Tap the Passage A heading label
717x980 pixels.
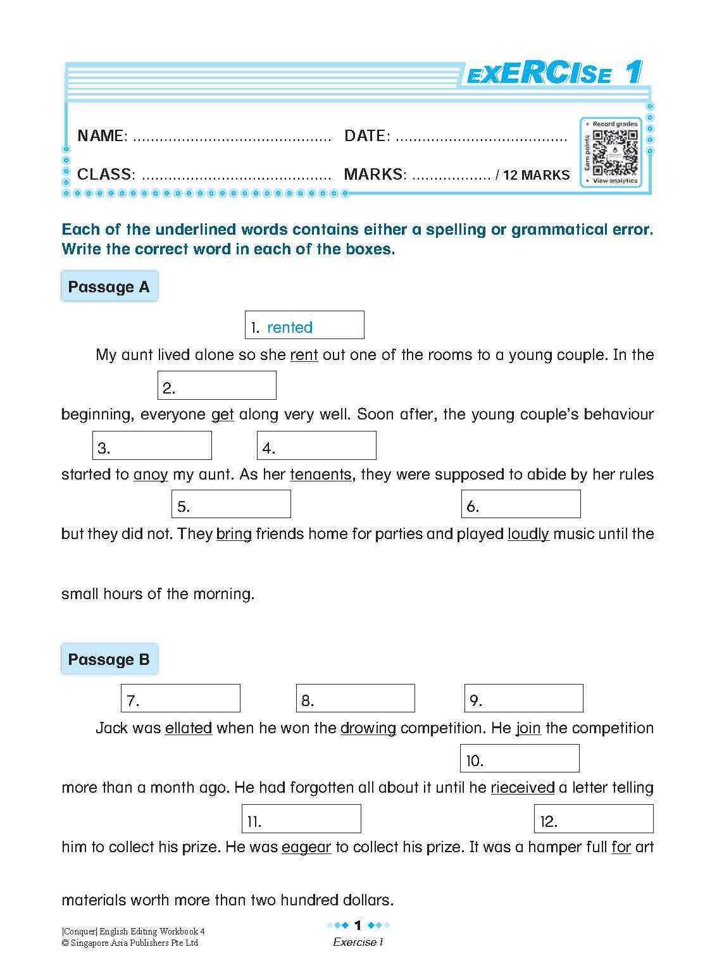coord(109,287)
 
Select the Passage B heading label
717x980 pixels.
coord(109,659)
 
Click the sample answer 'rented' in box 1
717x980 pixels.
coord(290,327)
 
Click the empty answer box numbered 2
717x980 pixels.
coord(216,385)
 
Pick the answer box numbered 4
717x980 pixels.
coord(316,445)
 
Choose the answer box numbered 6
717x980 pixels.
coord(521,504)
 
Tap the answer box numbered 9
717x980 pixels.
coord(523,698)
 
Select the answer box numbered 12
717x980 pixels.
coord(593,819)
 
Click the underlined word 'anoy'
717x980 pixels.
coord(151,474)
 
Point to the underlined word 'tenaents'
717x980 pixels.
coord(320,474)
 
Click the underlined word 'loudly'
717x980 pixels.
coord(528,534)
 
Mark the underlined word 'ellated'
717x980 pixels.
coord(188,728)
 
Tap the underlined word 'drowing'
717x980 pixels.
coord(368,728)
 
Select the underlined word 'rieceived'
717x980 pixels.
coord(522,788)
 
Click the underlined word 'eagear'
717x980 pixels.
coord(306,847)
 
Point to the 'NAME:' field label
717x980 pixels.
coord(102,135)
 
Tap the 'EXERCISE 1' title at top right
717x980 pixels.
coord(553,73)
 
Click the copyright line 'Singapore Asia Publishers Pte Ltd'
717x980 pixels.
coord(130,943)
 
